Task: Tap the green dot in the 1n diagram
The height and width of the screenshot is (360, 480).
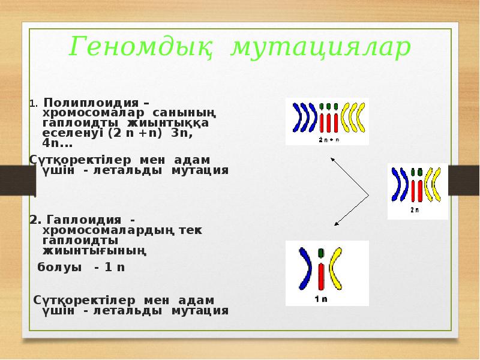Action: [321, 254]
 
